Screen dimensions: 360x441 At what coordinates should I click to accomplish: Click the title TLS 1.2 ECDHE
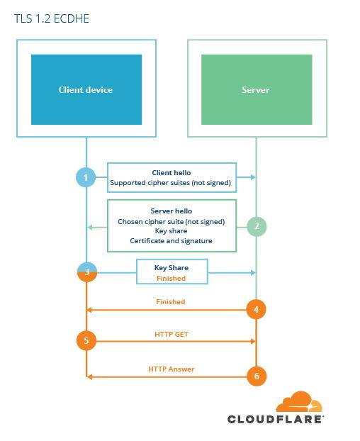[x=52, y=18]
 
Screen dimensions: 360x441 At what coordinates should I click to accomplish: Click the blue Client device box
[x=86, y=89]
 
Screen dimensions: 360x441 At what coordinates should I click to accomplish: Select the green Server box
[x=257, y=89]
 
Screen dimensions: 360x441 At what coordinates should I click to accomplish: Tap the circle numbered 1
[x=86, y=177]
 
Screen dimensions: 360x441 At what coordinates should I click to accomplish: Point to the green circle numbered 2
[x=257, y=226]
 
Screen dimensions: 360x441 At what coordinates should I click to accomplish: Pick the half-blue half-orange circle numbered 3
[x=87, y=272]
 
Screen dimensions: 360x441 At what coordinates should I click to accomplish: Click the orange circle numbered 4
[x=256, y=309]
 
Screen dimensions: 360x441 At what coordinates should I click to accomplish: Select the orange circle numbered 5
[x=86, y=340]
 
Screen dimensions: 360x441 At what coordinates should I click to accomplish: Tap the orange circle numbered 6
[x=257, y=376]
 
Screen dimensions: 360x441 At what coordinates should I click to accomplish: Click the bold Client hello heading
[x=171, y=173]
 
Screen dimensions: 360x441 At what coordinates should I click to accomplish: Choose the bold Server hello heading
[x=171, y=211]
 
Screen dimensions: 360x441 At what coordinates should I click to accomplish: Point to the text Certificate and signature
[x=171, y=241]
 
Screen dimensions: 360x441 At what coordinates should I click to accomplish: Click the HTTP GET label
[x=171, y=334]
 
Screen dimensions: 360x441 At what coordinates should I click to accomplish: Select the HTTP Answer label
[x=171, y=369]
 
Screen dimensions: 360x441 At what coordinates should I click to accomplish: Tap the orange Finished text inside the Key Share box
[x=171, y=278]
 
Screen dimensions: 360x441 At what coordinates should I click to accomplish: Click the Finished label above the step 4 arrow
[x=171, y=302]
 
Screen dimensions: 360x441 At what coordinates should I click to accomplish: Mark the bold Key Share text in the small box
[x=171, y=268]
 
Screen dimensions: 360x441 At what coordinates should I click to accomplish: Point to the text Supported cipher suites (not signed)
[x=171, y=183]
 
